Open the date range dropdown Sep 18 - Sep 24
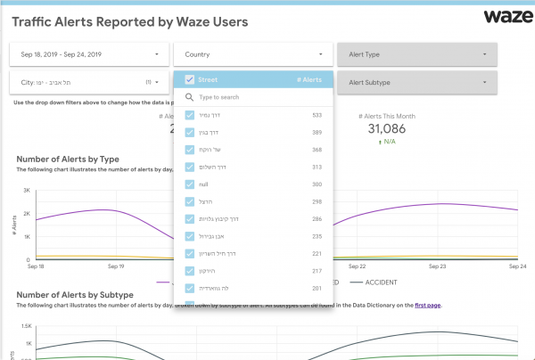(x=88, y=54)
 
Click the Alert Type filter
(x=416, y=54)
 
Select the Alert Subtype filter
(x=416, y=83)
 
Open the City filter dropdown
(x=88, y=83)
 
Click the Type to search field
(x=254, y=97)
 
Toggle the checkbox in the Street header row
(x=190, y=79)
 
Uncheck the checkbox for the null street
(x=190, y=184)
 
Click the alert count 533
(x=317, y=115)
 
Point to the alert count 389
(x=317, y=132)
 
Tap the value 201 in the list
(x=317, y=288)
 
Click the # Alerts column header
(x=309, y=79)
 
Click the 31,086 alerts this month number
(x=386, y=129)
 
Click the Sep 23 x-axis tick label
(x=437, y=266)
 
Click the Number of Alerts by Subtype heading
(x=75, y=294)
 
